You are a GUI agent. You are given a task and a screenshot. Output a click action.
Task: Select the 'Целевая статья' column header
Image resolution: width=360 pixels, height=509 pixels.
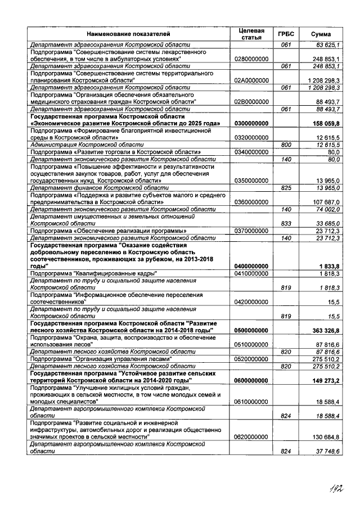tap(251, 34)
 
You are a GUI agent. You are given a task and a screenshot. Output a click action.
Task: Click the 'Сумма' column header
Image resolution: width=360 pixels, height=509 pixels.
tap(321, 34)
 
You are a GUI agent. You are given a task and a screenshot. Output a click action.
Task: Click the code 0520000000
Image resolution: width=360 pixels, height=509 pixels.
tap(251, 358)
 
